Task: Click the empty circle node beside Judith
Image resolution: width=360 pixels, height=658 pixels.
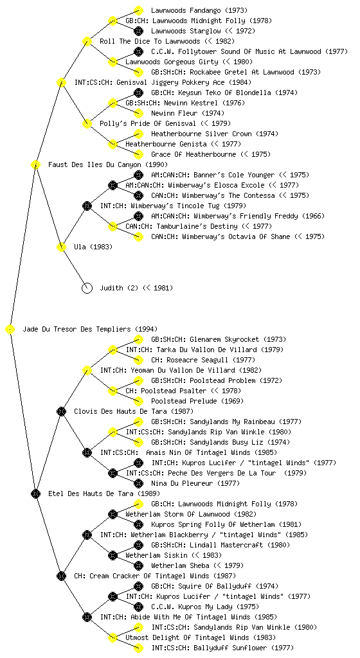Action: pyautogui.click(x=87, y=288)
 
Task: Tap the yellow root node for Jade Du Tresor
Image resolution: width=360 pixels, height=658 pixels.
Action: pyautogui.click(x=10, y=329)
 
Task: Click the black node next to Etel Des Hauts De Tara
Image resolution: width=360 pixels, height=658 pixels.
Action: pyautogui.click(x=35, y=493)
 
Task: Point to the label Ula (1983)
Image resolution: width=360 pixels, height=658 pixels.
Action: pyautogui.click(x=93, y=247)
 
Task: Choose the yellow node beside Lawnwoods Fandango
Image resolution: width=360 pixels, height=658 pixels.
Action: pyautogui.click(x=138, y=10)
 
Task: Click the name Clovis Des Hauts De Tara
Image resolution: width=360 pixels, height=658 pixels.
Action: pyautogui.click(x=120, y=411)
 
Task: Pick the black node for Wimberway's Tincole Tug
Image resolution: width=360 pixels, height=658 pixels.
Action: pyautogui.click(x=87, y=206)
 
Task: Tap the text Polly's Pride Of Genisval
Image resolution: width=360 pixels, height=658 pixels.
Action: pyautogui.click(x=148, y=123)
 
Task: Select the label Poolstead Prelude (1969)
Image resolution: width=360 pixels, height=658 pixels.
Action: pyautogui.click(x=197, y=401)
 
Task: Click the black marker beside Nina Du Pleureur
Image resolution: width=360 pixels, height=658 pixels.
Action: pyautogui.click(x=138, y=483)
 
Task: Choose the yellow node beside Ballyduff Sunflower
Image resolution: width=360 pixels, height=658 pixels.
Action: pyautogui.click(x=138, y=648)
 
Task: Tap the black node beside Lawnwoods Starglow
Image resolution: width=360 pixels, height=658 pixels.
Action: pyautogui.click(x=138, y=31)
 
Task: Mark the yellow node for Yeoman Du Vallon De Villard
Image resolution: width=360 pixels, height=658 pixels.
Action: pyautogui.click(x=87, y=370)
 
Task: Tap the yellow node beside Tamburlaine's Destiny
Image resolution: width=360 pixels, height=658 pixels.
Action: pyautogui.click(x=113, y=226)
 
